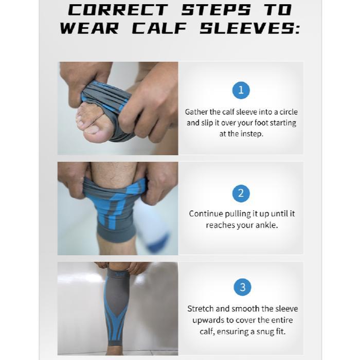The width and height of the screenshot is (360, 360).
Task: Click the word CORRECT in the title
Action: (118, 9)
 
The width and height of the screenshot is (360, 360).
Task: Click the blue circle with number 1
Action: (241, 91)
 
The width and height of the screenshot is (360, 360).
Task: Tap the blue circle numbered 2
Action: (241, 193)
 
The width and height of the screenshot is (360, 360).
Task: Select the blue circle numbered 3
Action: (242, 287)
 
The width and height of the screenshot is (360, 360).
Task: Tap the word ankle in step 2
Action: (264, 225)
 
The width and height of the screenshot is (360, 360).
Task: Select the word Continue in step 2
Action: (206, 214)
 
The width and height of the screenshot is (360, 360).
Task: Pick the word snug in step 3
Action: (274, 331)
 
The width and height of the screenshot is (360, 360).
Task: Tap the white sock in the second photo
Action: (155, 231)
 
